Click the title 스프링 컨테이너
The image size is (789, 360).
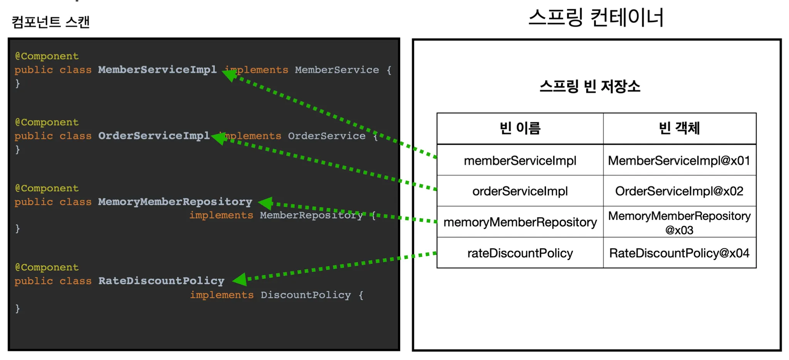coord(596,18)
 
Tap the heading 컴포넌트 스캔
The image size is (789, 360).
coord(50,22)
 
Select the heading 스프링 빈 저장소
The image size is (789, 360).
coord(590,86)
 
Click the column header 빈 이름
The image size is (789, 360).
coord(520,128)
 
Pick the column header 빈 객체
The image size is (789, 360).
coord(679,128)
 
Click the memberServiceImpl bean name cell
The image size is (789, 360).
coord(520,161)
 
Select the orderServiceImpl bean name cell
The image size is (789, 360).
coord(520,191)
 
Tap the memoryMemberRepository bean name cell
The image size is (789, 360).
coord(520,222)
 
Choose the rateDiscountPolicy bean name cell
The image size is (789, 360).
coord(520,253)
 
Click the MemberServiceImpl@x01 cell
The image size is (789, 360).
coord(679,161)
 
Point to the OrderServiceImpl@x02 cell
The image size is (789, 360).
coord(679,191)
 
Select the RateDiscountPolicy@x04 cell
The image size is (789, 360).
coord(679,253)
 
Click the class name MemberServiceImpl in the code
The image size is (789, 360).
coord(157,70)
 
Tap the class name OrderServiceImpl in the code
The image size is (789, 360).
coord(154,136)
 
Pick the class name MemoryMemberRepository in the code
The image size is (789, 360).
coord(175,202)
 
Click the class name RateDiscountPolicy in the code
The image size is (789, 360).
coord(161,281)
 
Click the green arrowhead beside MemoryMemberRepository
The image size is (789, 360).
coord(266,203)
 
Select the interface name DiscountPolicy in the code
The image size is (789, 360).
coord(306,295)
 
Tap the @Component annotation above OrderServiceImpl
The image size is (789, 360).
coord(47,122)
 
